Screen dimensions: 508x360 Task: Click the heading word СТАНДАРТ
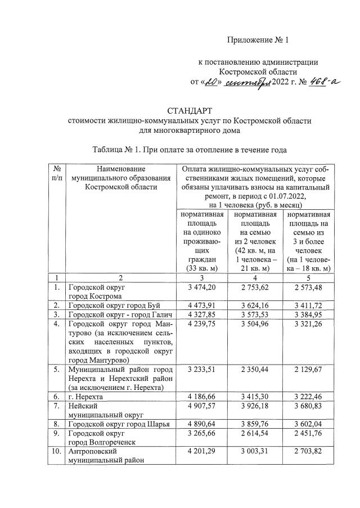coord(189,110)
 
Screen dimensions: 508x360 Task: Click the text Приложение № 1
coord(257,40)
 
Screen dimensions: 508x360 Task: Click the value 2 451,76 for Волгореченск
coord(307,434)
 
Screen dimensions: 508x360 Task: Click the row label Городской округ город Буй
coord(114,306)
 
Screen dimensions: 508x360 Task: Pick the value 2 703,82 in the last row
coord(307,452)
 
